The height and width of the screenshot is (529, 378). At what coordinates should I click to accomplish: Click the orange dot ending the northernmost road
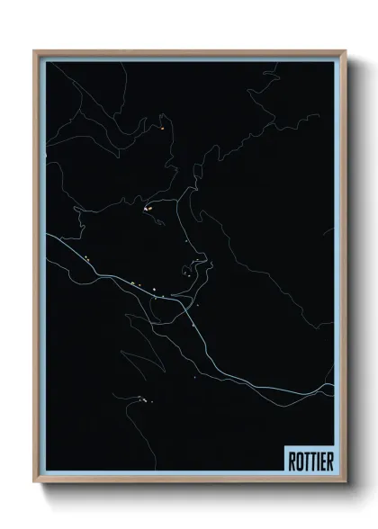click(161, 129)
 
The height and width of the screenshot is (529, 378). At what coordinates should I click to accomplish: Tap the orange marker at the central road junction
click(150, 208)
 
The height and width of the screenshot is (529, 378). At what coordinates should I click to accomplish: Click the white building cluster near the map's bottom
click(141, 399)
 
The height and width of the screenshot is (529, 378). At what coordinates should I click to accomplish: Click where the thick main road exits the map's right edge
click(332, 388)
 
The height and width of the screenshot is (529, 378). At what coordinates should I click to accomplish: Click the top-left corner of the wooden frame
click(35, 51)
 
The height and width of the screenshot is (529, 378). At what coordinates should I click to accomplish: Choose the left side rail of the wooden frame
click(36, 270)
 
